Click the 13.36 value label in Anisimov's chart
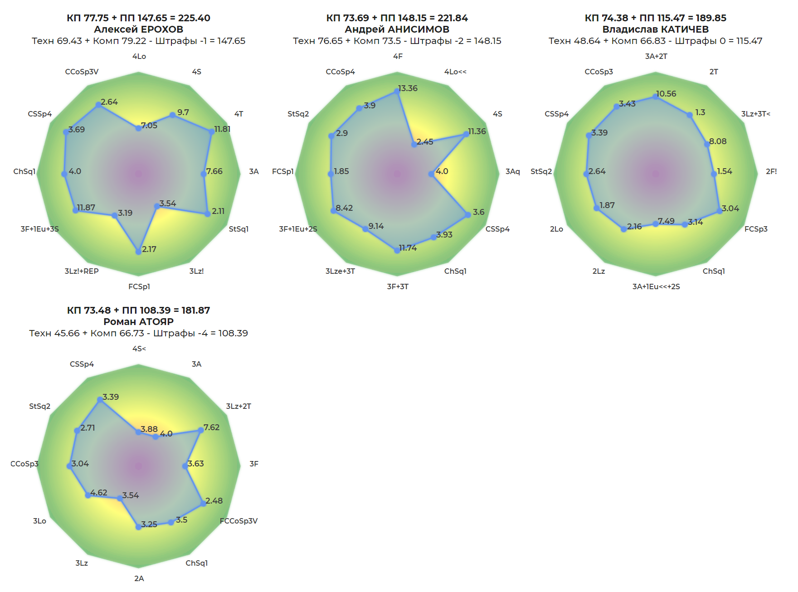coord(408,88)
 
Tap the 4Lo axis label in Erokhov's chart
coord(139,56)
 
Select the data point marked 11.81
coord(211,132)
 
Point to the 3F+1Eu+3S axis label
coord(39,229)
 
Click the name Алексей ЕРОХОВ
coord(139,29)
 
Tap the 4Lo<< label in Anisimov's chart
coord(455,72)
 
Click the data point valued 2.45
coord(414,145)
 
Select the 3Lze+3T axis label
coord(340,271)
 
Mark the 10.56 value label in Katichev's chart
coord(666,94)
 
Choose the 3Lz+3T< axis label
coord(755,114)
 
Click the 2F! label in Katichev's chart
coord(771,171)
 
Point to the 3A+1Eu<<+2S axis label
coord(656,286)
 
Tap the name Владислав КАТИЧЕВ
coord(655,29)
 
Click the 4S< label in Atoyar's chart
coord(139,349)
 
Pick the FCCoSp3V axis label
coord(238,521)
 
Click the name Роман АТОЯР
coord(139,322)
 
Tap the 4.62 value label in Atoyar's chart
coord(99,493)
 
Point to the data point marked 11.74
coord(397,250)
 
